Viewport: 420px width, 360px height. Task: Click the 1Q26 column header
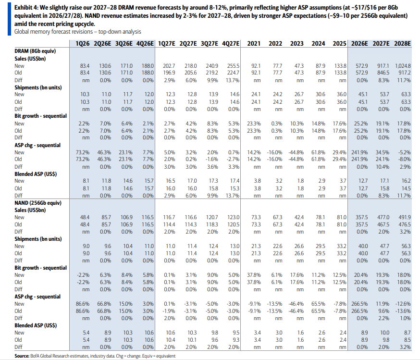pyautogui.click(x=83, y=43)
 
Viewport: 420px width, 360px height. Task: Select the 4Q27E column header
pyautogui.click(x=231, y=43)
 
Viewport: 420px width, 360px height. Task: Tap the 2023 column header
pyautogui.click(x=297, y=43)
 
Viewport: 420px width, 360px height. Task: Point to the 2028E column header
pyautogui.click(x=402, y=43)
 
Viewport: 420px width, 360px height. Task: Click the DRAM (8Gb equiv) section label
pyautogui.click(x=35, y=51)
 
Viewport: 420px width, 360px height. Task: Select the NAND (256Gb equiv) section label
pyautogui.click(x=38, y=203)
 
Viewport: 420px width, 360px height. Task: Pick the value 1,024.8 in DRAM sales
pyautogui.click(x=403, y=66)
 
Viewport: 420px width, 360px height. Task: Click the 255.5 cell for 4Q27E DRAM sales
pyautogui.click(x=233, y=66)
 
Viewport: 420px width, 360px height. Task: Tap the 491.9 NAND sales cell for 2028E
pyautogui.click(x=405, y=217)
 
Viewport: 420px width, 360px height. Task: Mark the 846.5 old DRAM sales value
pyautogui.click(x=383, y=73)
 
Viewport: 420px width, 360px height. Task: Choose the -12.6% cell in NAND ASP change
pyautogui.click(x=403, y=304)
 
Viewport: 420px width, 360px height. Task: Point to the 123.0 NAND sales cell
pyautogui.click(x=233, y=217)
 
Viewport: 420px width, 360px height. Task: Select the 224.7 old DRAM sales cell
pyautogui.click(x=233, y=73)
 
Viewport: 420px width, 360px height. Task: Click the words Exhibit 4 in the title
pyautogui.click(x=26, y=8)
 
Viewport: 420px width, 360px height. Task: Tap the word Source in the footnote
pyautogui.click(x=22, y=356)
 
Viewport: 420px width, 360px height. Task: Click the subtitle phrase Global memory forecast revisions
pyautogui.click(x=53, y=32)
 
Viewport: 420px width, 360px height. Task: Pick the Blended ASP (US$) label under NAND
pyautogui.click(x=36, y=325)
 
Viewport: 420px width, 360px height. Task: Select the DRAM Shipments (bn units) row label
pyautogui.click(x=38, y=87)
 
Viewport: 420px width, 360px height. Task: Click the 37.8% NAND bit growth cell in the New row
pyautogui.click(x=254, y=275)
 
